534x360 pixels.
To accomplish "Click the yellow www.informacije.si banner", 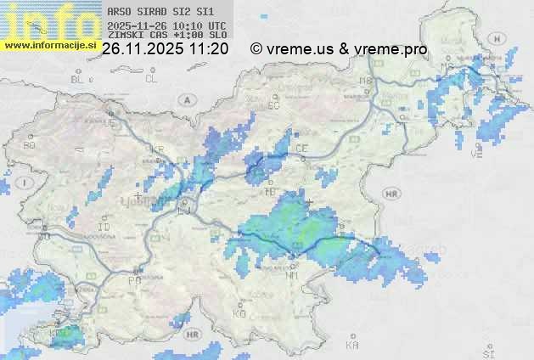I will pyautogui.click(x=50, y=45).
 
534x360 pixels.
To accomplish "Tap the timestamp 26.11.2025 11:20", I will pyautogui.click(x=165, y=49).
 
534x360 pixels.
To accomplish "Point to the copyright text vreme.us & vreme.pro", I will pyautogui.click(x=339, y=49).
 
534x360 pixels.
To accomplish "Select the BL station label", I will pyautogui.click(x=77, y=79).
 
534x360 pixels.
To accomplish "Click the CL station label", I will pyautogui.click(x=152, y=79).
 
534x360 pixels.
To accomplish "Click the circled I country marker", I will pyautogui.click(x=26, y=183).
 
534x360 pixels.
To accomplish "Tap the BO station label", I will pyautogui.click(x=31, y=145).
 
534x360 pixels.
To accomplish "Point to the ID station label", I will pyautogui.click(x=104, y=228).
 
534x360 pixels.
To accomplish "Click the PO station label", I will pyautogui.click(x=132, y=279).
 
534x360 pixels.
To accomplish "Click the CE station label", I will pyautogui.click(x=301, y=149).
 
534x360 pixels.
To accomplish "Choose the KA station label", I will pyautogui.click(x=352, y=345).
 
